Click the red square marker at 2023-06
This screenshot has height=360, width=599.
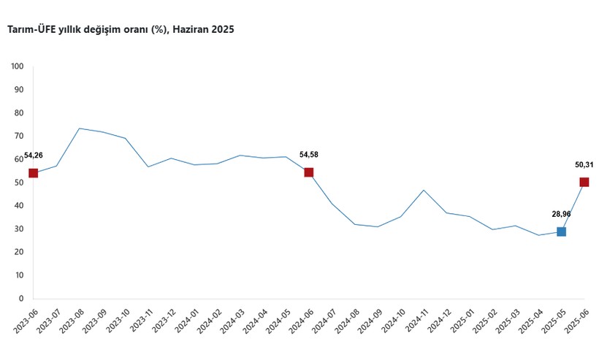pyautogui.click(x=33, y=173)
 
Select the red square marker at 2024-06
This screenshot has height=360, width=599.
pyautogui.click(x=309, y=172)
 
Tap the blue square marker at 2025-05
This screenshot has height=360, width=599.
pyautogui.click(x=561, y=231)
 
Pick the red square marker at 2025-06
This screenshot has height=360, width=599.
pyautogui.click(x=584, y=182)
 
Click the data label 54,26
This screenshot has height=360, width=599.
pyautogui.click(x=34, y=156)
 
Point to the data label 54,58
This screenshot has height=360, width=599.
pyautogui.click(x=309, y=155)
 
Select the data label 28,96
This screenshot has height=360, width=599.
pyautogui.click(x=561, y=214)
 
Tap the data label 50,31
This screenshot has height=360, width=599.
pyautogui.click(x=584, y=165)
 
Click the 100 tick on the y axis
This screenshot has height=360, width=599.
pyautogui.click(x=18, y=66)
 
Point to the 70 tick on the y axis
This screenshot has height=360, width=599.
pyautogui.click(x=20, y=136)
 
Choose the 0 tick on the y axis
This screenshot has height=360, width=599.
pyautogui.click(x=22, y=299)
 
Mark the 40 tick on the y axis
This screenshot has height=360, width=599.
pyautogui.click(x=20, y=206)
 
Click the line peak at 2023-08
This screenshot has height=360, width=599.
pyautogui.click(x=79, y=129)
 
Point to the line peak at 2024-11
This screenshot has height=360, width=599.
pyautogui.click(x=424, y=190)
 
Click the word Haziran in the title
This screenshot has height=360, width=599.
pyautogui.click(x=192, y=30)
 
